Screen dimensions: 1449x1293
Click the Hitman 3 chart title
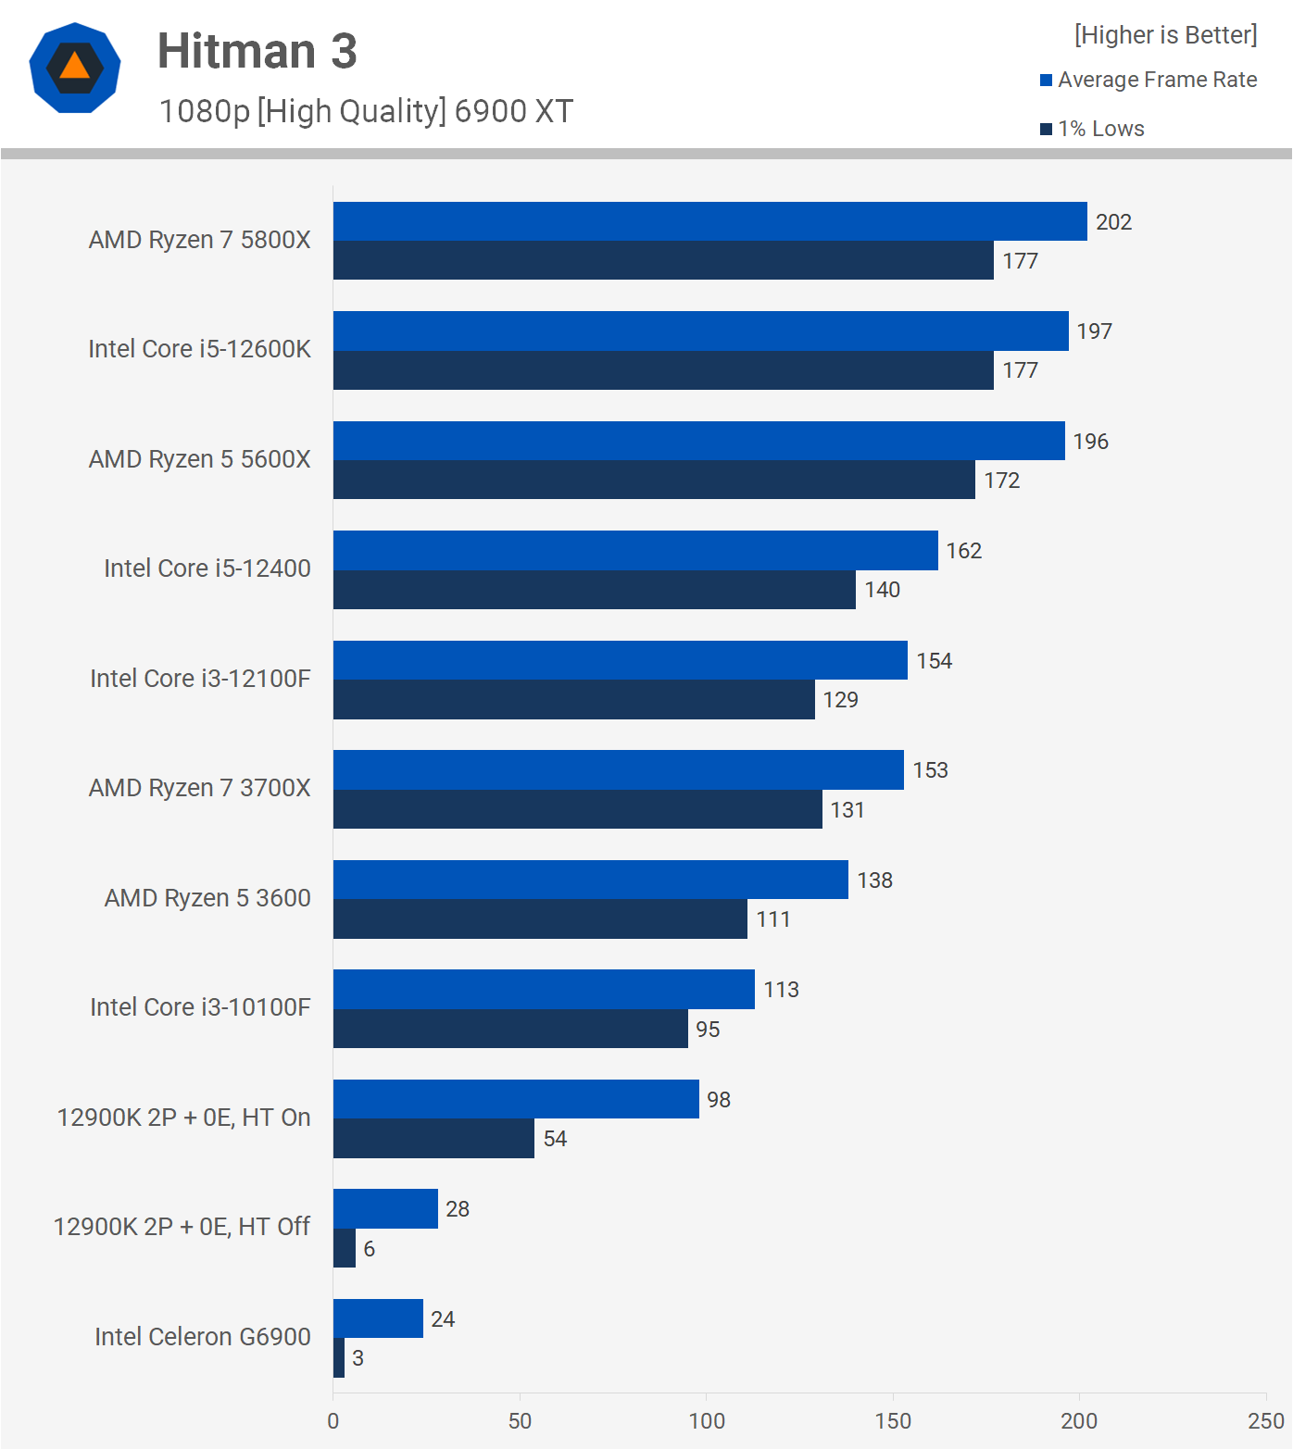(x=257, y=51)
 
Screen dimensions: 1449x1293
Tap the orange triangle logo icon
(x=75, y=68)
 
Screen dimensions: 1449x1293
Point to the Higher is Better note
(x=1165, y=35)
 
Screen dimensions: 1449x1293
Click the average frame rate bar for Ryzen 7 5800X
(x=709, y=221)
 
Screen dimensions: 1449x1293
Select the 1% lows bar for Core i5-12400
(x=594, y=590)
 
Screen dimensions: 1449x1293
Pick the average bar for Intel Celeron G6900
(x=378, y=1318)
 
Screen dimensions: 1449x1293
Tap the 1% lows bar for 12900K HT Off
(x=345, y=1248)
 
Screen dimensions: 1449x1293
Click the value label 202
(x=1113, y=222)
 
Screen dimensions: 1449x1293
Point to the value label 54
(x=555, y=1139)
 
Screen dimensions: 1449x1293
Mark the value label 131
(x=847, y=810)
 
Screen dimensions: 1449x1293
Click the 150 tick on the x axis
(x=893, y=1421)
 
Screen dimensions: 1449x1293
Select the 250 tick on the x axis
(x=1265, y=1421)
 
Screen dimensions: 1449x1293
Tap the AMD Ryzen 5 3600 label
(x=207, y=898)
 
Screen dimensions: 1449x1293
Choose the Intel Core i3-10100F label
(x=200, y=1007)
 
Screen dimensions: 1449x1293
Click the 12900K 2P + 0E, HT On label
(x=183, y=1118)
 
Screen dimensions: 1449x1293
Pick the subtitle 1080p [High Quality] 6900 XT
(x=366, y=111)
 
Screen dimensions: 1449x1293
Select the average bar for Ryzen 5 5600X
(x=698, y=441)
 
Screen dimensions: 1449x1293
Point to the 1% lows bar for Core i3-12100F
(x=573, y=700)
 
